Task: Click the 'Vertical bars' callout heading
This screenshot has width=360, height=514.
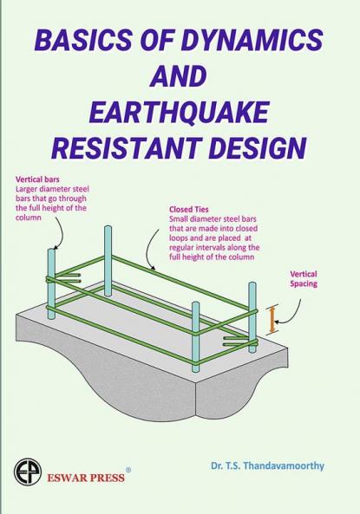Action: pos(38,179)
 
